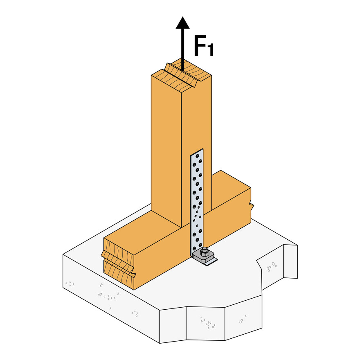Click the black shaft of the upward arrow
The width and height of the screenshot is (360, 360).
[182, 49]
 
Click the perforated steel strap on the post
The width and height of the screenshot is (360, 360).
[197, 196]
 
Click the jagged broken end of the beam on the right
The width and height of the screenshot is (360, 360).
[251, 205]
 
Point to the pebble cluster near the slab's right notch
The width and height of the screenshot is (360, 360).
[272, 267]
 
